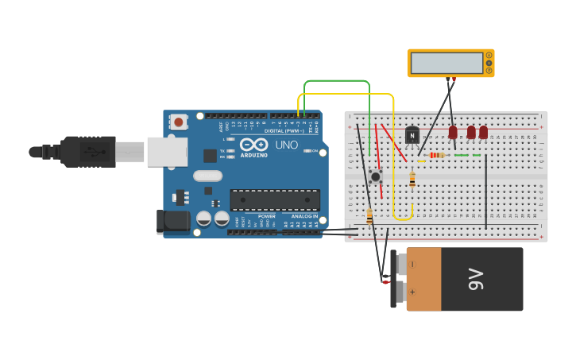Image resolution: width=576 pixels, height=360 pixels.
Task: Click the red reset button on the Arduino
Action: point(179,122)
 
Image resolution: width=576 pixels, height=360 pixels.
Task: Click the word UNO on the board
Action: point(286,145)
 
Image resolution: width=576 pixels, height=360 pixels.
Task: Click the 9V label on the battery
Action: point(475,279)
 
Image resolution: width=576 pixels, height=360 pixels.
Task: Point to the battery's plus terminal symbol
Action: point(412,292)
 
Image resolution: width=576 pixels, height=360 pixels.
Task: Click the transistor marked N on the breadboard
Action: point(412,136)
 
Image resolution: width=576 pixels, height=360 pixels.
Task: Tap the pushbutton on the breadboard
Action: point(375,176)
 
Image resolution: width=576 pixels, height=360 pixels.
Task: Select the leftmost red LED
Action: point(453,132)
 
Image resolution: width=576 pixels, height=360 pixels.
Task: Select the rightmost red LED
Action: point(483,132)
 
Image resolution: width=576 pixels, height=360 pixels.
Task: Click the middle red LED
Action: point(471,132)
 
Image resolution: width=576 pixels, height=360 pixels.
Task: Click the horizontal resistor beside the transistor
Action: point(436,155)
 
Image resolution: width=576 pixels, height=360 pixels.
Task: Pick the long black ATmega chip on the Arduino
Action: point(275,199)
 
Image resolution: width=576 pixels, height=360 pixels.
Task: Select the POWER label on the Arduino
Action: point(267,216)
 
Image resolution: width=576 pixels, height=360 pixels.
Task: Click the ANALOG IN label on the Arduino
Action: point(303,216)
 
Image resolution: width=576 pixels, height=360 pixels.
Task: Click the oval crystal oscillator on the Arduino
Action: point(207,176)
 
